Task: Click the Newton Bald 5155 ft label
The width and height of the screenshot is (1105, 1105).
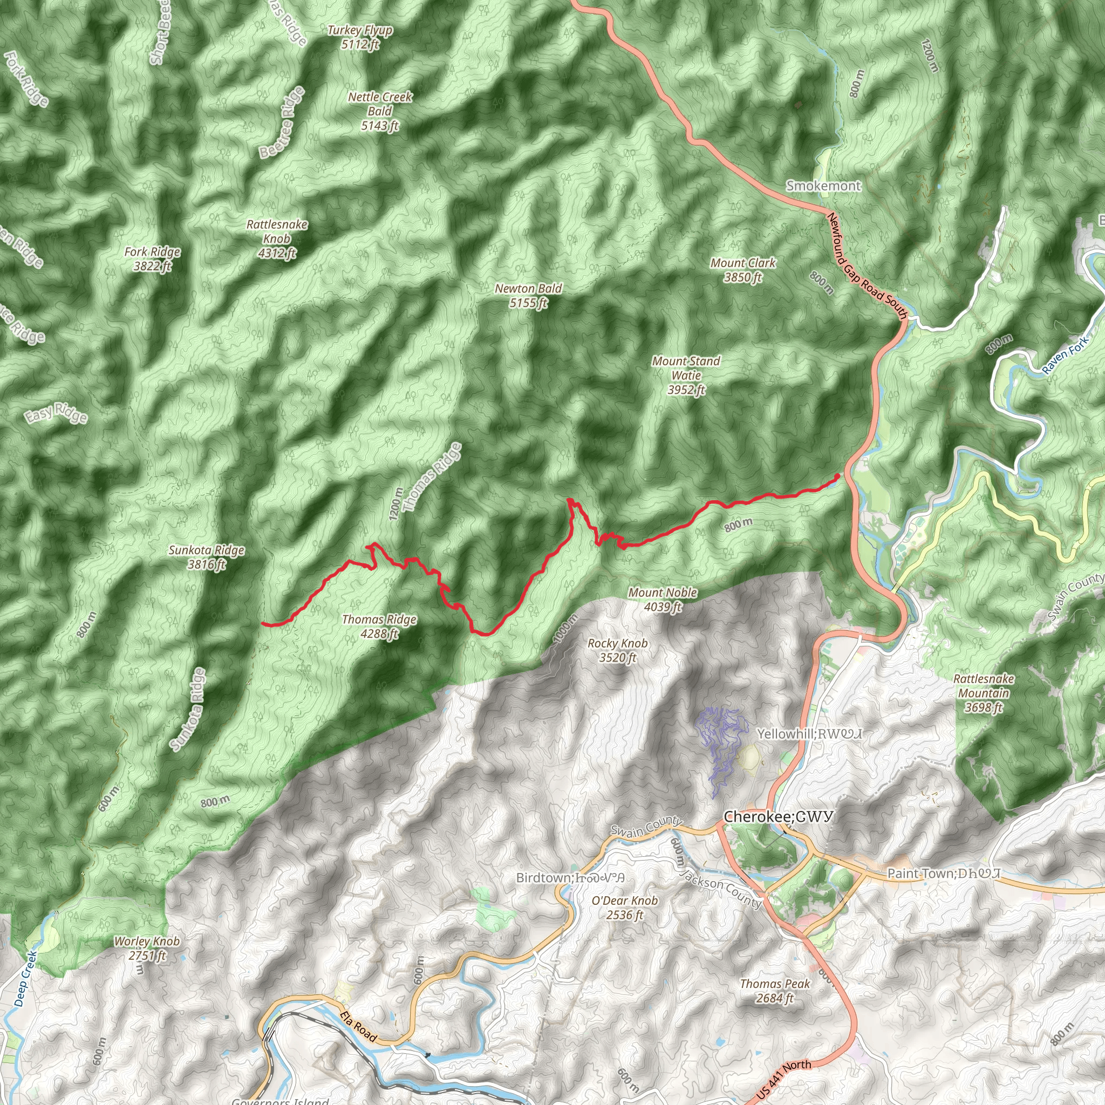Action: coord(528,296)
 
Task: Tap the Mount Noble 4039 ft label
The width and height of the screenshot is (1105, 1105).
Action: coord(663,599)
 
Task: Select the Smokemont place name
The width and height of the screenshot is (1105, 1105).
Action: coord(823,186)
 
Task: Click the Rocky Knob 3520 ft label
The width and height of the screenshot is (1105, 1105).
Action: coord(618,650)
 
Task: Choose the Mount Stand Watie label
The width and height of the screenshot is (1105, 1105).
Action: coord(686,375)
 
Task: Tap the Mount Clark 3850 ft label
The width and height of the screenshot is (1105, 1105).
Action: coord(743,270)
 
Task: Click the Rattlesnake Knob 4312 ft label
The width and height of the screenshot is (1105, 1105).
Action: coord(277,238)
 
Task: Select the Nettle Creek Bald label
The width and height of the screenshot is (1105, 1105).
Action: coord(380,111)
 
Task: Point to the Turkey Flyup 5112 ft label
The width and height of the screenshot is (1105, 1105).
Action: coord(360,37)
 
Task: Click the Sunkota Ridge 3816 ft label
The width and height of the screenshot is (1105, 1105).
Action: coord(207,557)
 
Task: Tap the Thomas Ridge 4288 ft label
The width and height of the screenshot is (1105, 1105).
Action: coord(379,626)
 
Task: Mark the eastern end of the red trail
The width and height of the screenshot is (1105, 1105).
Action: coord(837,476)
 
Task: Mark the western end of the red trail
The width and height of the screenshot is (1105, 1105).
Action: coord(263,623)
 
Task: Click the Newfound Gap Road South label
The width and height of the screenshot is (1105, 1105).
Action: coord(867,266)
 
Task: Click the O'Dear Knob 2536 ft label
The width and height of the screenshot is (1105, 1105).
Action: coord(625,907)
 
